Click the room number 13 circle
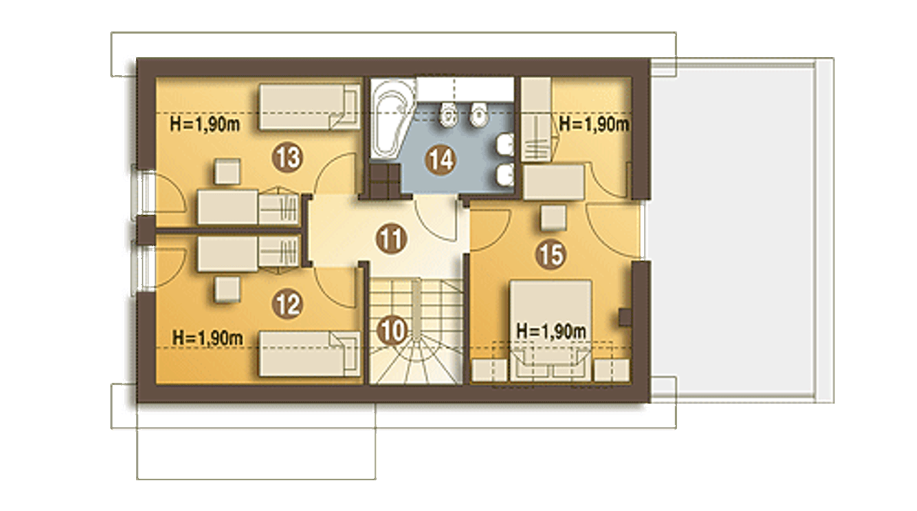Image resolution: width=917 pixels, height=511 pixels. click(x=287, y=157)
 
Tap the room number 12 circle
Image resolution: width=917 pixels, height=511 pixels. click(x=287, y=304)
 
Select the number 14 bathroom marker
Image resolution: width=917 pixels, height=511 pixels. click(x=441, y=160)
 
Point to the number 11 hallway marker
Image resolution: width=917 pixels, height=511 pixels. click(x=391, y=238)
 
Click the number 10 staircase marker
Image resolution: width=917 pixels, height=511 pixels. click(x=393, y=331)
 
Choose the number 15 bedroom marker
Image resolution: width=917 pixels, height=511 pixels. click(x=551, y=254)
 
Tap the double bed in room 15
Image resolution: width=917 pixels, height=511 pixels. click(x=551, y=331)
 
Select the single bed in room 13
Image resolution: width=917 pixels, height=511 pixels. click(x=309, y=107)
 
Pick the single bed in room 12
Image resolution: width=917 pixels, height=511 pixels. click(x=309, y=354)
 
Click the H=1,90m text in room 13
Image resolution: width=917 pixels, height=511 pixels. click(x=205, y=124)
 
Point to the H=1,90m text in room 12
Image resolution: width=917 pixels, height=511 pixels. click(x=208, y=338)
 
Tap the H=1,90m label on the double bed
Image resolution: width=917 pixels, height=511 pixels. click(x=552, y=331)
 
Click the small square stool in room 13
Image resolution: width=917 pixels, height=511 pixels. click(x=227, y=172)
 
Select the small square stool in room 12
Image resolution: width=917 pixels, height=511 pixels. click(x=227, y=290)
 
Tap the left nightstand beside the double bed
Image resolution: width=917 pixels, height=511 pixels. click(x=489, y=371)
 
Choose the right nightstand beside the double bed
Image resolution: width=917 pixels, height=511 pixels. click(x=612, y=371)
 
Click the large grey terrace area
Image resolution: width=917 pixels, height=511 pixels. click(x=733, y=231)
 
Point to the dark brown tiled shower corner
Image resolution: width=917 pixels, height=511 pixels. click(x=385, y=180)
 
